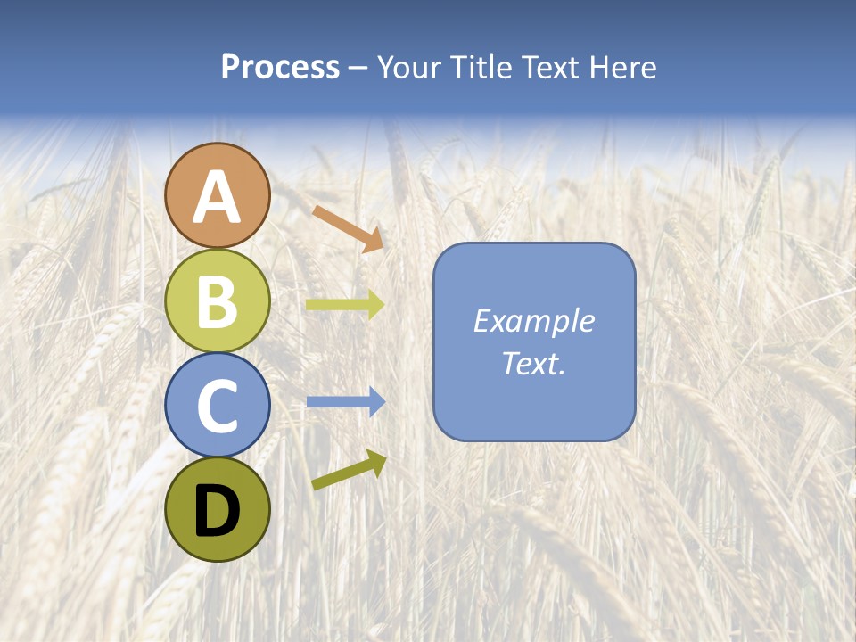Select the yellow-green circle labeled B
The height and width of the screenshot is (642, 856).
click(218, 300)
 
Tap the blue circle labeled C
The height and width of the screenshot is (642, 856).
click(218, 405)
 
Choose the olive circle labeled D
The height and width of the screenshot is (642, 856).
click(218, 509)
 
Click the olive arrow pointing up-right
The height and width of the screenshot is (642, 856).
click(349, 470)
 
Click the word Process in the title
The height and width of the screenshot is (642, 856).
click(280, 67)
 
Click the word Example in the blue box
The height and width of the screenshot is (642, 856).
click(534, 321)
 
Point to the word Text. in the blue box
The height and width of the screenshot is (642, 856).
click(534, 363)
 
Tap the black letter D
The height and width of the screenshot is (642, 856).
click(218, 512)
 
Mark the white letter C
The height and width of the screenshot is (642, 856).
click(218, 407)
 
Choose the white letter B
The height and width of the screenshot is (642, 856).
click(218, 302)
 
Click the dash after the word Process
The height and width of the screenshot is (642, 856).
click(358, 69)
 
